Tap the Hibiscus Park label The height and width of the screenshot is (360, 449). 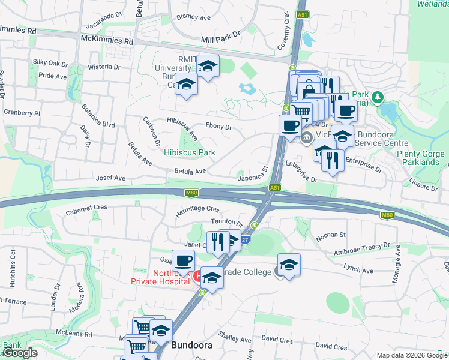[190, 152]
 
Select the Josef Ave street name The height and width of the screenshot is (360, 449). [110, 178]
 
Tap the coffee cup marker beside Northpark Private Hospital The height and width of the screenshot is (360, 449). [183, 260]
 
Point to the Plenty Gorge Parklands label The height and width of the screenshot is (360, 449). [421, 158]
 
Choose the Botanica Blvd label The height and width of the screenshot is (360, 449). [100, 125]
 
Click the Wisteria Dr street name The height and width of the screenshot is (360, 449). [101, 67]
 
